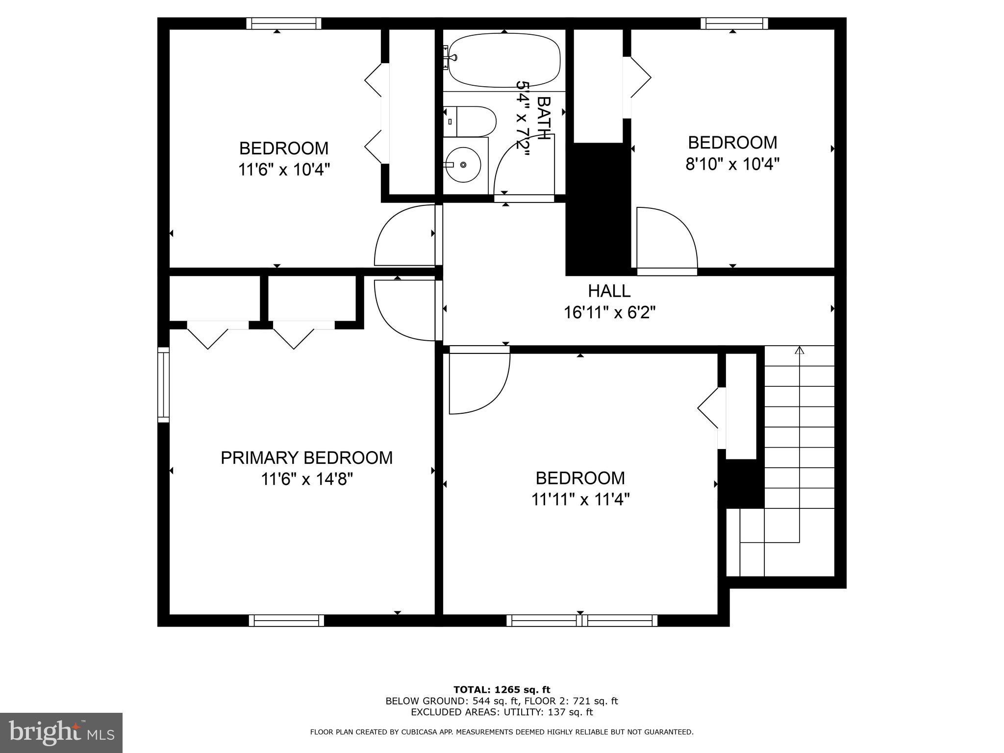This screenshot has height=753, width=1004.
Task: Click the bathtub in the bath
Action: tap(504, 60)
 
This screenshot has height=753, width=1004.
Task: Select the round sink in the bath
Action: tap(463, 165)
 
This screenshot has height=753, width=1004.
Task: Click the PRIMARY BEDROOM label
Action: tap(306, 457)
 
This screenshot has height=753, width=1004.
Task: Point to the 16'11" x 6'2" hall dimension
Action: tap(609, 312)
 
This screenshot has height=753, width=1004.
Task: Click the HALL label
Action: tap(609, 291)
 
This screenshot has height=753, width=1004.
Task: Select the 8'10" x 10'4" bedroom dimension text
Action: tap(732, 164)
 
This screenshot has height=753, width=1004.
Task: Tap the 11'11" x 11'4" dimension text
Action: tap(580, 500)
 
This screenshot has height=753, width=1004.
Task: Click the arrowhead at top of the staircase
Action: tap(800, 350)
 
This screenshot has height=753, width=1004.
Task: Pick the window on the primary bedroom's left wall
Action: tap(163, 384)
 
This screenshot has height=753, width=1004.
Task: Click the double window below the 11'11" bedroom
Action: tap(581, 620)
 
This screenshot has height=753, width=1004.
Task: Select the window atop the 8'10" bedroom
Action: tap(734, 24)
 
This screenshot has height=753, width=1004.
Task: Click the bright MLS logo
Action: tap(61, 732)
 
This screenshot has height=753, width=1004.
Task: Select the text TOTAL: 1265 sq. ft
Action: tap(502, 690)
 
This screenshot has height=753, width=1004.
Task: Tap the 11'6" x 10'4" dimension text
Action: tap(284, 170)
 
